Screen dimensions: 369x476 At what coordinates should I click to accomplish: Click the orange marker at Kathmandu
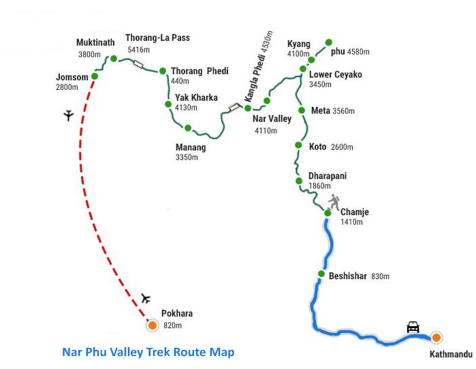tap(435, 336)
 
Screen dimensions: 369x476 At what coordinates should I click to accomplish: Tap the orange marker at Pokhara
tap(152, 325)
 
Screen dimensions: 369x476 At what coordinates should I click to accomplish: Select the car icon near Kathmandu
tap(413, 327)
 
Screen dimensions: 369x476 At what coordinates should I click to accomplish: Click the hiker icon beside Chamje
tap(334, 202)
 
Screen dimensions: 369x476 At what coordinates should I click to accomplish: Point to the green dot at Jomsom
tap(95, 76)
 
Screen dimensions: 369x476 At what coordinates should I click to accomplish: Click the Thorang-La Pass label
tap(157, 38)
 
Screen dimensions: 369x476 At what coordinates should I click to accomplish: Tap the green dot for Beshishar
tap(321, 274)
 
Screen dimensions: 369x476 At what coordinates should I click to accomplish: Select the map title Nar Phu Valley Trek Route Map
tap(148, 352)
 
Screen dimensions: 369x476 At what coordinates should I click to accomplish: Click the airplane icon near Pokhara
tap(145, 298)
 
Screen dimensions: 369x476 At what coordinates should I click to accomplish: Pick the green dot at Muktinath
tap(114, 59)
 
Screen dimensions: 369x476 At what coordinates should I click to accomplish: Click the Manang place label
tap(190, 147)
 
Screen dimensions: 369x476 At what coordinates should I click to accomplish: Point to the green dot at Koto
tap(298, 145)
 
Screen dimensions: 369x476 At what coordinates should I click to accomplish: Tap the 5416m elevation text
tap(139, 50)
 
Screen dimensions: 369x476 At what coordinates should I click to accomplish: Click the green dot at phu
tap(329, 42)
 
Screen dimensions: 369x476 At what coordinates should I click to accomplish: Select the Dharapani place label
tap(327, 176)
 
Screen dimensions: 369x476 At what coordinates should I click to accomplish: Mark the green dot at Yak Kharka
tap(168, 104)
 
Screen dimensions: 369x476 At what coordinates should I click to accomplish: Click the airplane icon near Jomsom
tap(67, 115)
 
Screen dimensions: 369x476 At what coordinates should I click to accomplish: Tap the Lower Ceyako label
tap(335, 74)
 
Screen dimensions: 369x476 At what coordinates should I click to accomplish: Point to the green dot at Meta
tap(300, 110)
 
